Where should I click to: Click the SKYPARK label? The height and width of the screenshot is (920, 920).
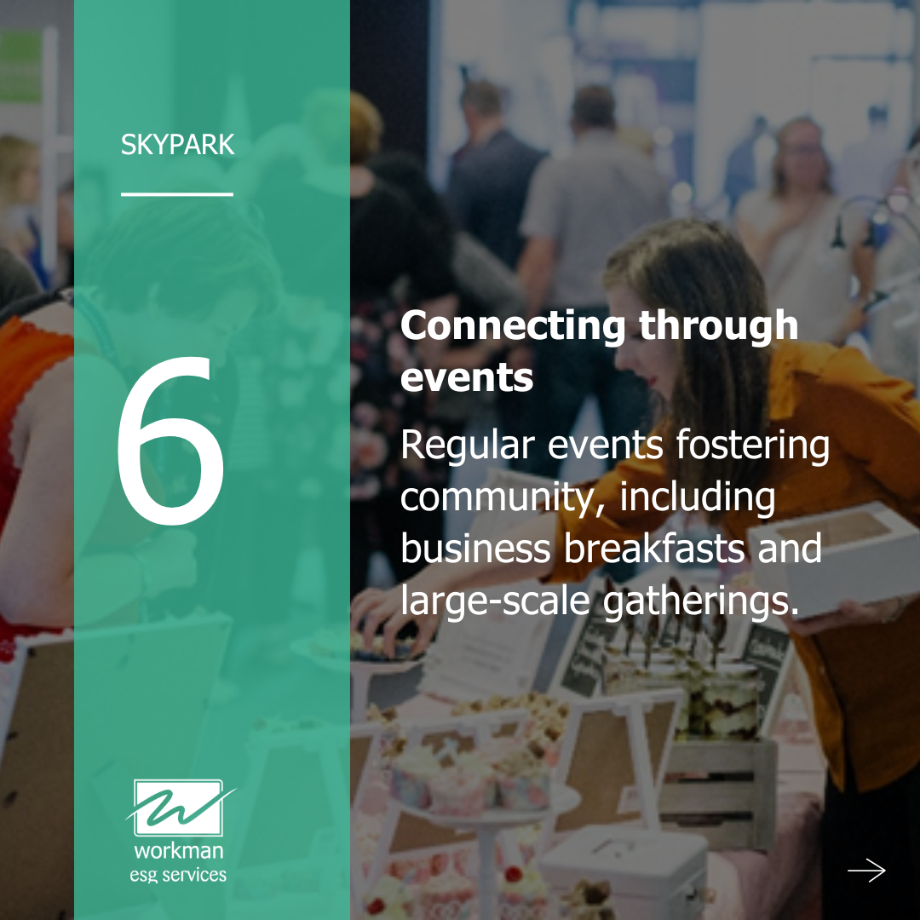(177, 144)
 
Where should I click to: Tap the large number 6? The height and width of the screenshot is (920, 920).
(171, 440)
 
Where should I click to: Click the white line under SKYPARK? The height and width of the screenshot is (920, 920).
(177, 193)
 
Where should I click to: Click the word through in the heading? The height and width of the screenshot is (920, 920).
(719, 325)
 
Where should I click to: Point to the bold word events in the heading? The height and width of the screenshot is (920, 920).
(467, 377)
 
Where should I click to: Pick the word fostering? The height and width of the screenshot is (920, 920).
(753, 445)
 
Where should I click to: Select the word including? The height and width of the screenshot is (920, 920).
(698, 497)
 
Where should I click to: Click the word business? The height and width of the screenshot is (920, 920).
(476, 549)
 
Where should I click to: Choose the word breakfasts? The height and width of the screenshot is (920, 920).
(654, 549)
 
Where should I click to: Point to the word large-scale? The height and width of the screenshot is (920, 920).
(495, 602)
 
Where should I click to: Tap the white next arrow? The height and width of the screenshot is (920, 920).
(866, 870)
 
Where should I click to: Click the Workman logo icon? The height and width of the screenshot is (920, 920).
(178, 808)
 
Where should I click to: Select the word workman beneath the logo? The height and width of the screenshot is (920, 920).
(178, 851)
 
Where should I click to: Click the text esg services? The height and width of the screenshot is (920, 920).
(178, 876)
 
